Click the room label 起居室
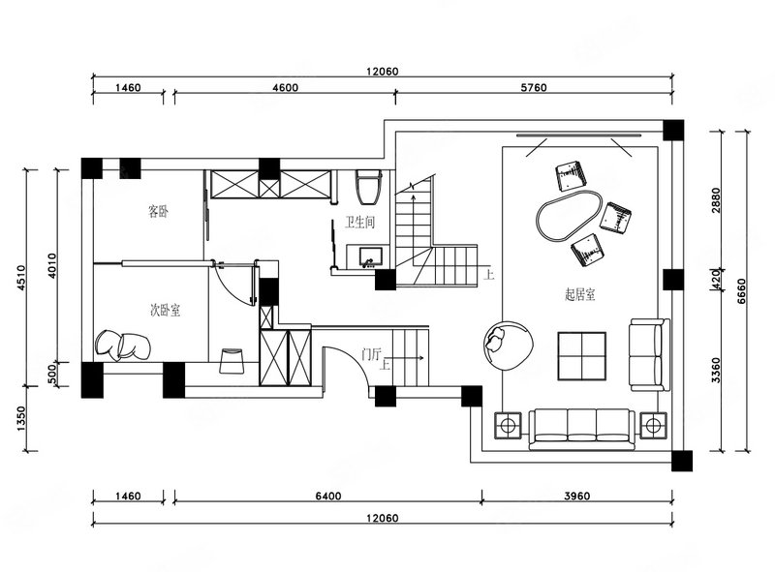(x=579, y=294)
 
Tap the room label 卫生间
(x=359, y=223)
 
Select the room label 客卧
(x=158, y=211)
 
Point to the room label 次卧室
(x=165, y=311)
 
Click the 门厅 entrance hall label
(x=372, y=354)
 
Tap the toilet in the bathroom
(x=369, y=187)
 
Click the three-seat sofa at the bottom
(x=582, y=429)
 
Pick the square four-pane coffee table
(x=582, y=356)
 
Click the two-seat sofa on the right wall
(x=649, y=355)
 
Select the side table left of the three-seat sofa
(x=508, y=425)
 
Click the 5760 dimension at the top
(x=534, y=87)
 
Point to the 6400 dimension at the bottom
(x=328, y=496)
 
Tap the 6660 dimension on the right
(x=741, y=291)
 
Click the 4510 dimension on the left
(x=21, y=278)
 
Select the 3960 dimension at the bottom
(x=576, y=496)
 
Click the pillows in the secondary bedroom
(x=123, y=345)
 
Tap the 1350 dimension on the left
(x=21, y=419)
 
